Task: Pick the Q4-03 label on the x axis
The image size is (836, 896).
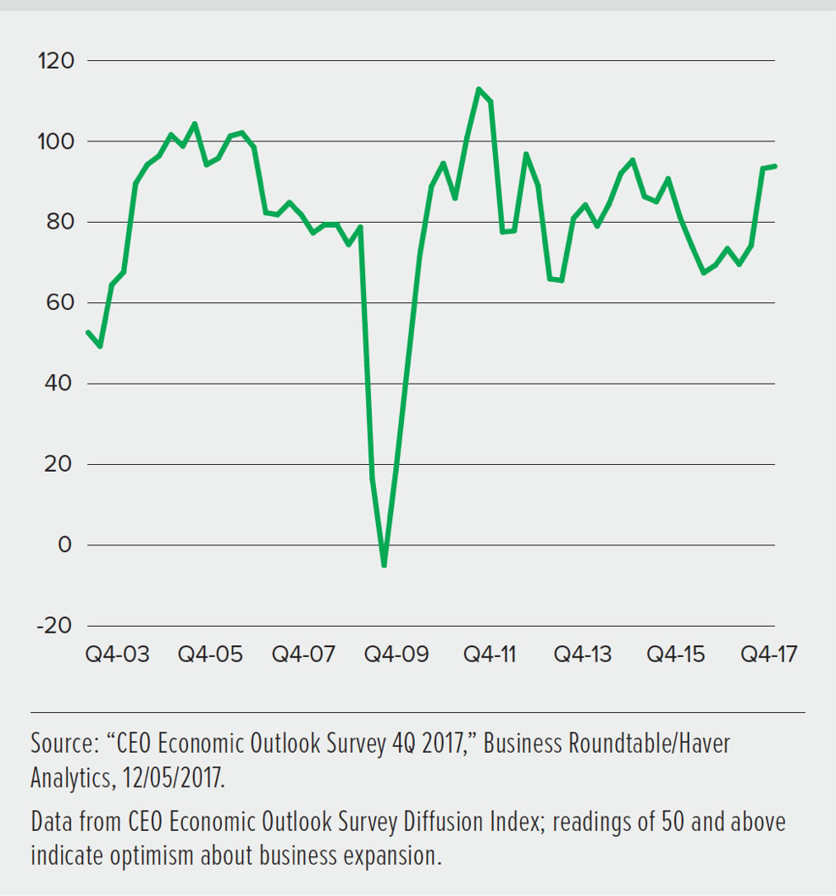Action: coord(118,655)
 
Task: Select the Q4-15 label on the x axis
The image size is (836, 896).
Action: coord(675,655)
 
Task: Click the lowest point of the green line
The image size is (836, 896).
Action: coord(384,565)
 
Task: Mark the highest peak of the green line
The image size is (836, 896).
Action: coord(479,88)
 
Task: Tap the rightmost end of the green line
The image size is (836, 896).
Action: coord(775,166)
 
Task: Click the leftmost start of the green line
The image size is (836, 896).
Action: coord(88,331)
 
